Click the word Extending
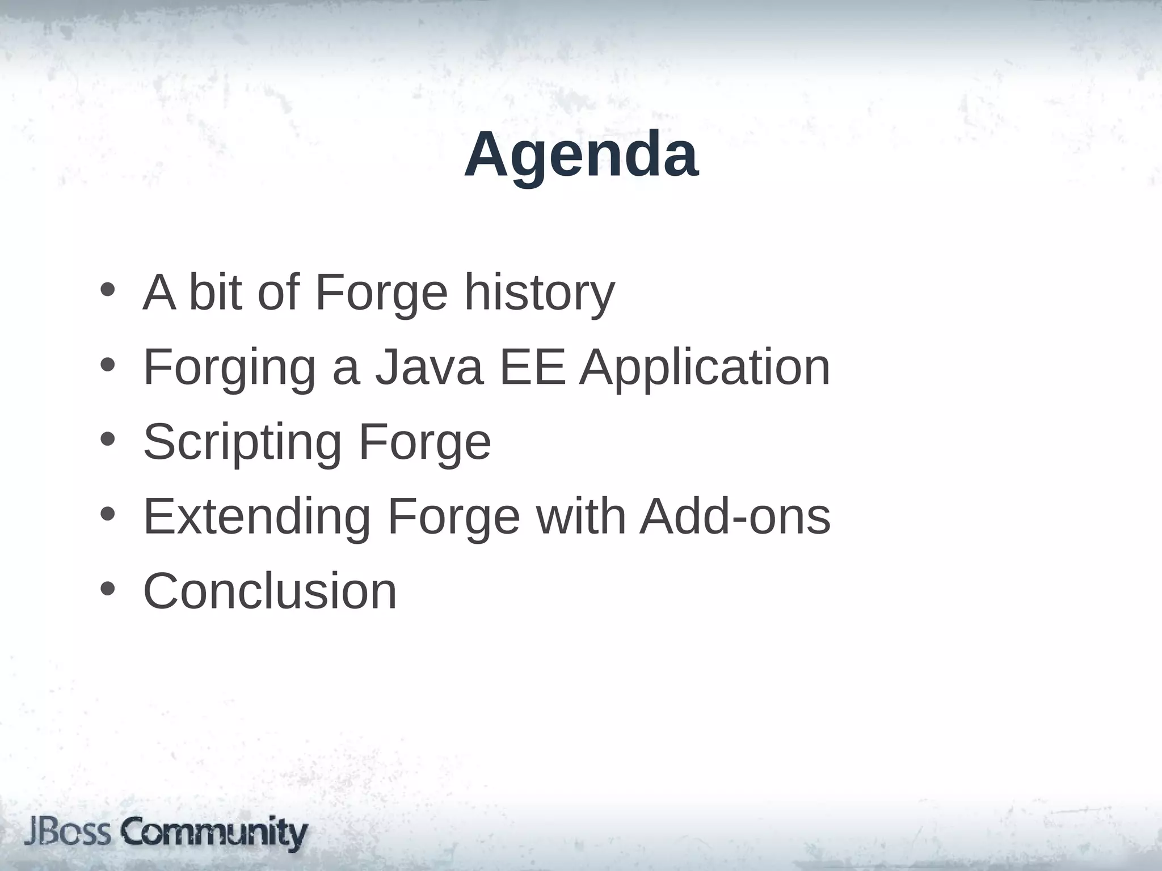click(x=256, y=517)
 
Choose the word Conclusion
click(x=270, y=591)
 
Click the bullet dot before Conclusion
click(x=107, y=589)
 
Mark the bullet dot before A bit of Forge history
click(x=107, y=290)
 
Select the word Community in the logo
click(x=214, y=834)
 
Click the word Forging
click(x=229, y=369)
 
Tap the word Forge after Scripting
click(x=424, y=443)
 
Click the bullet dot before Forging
click(x=107, y=365)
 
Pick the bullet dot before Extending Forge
click(x=107, y=514)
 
